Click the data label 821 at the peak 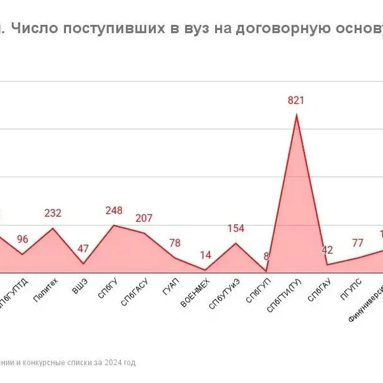pyautogui.click(x=296, y=100)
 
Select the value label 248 pyautogui.click(x=114, y=211)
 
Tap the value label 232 pyautogui.click(x=53, y=213)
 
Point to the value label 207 pyautogui.click(x=144, y=218)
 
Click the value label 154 pyautogui.click(x=236, y=229)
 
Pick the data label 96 pyautogui.click(x=22, y=239)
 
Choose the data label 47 pyautogui.click(x=83, y=248)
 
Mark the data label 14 pyautogui.click(x=206, y=255)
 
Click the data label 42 pyautogui.click(x=327, y=250)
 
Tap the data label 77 pyautogui.click(x=357, y=243)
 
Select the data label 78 pyautogui.click(x=175, y=243)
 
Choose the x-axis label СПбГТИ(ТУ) pyautogui.click(x=283, y=296)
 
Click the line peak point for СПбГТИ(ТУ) pyautogui.click(x=296, y=114)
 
